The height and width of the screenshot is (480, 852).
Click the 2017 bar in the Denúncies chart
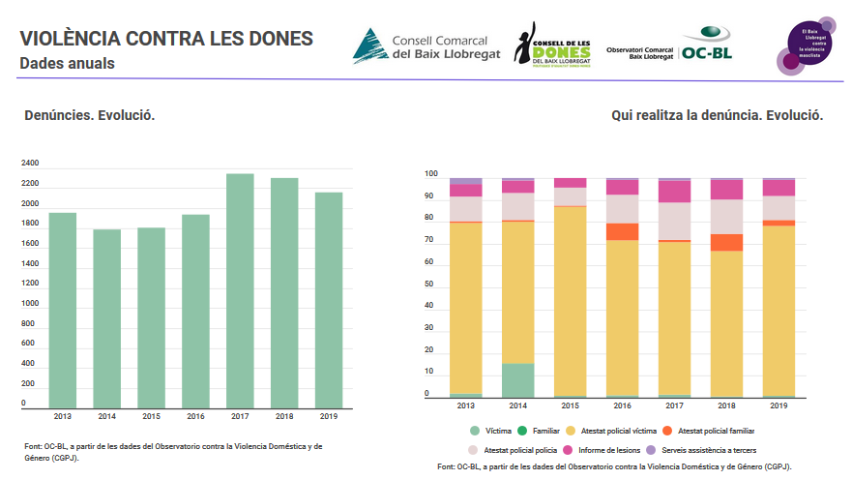[x=240, y=290]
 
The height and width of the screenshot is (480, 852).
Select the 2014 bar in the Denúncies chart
[x=106, y=318]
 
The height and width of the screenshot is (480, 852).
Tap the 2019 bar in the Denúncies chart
[x=328, y=300]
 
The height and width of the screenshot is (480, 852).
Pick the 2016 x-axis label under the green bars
[x=195, y=416]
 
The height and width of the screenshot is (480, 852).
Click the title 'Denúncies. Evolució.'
[x=90, y=115]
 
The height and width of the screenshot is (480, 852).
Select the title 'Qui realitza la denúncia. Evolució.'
[x=717, y=115]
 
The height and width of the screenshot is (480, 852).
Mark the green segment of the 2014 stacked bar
[x=518, y=380]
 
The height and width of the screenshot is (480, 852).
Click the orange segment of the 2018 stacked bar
[x=726, y=243]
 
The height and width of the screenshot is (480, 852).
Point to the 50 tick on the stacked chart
[x=431, y=286]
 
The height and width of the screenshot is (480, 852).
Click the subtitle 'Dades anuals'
[x=68, y=64]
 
